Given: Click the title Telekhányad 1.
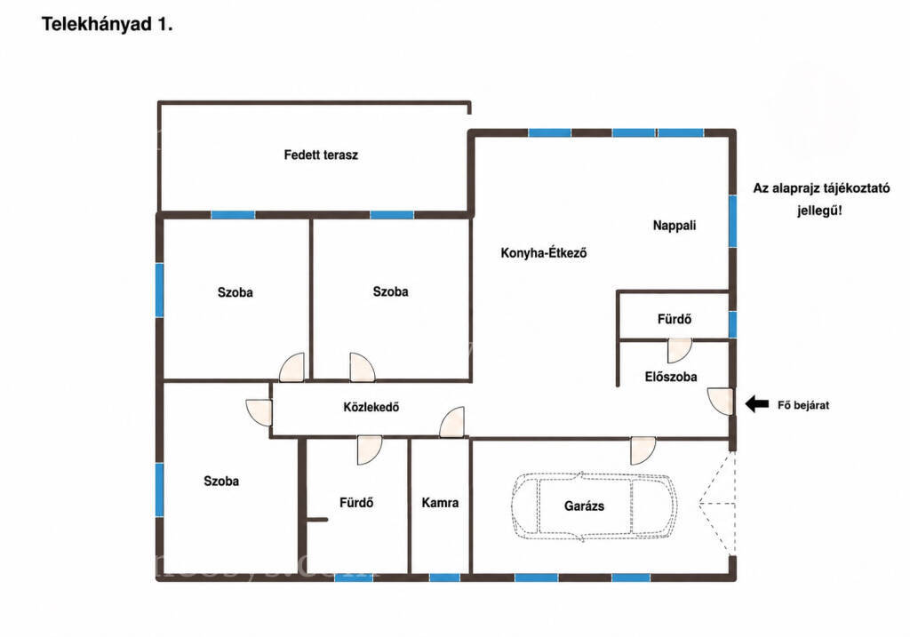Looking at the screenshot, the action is (107, 25).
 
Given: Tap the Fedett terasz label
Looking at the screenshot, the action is (321, 155).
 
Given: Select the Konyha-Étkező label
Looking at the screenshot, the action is (544, 253).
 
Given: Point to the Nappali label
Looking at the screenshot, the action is (675, 225).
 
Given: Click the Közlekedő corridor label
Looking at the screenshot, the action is (371, 407).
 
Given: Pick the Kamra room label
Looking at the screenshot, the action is (440, 503).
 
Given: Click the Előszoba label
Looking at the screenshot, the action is (671, 377).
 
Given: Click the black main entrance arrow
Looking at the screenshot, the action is (757, 403).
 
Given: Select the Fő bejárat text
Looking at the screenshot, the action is (803, 405).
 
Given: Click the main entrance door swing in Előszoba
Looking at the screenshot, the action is (720, 402).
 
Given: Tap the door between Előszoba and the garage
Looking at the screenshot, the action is (643, 450).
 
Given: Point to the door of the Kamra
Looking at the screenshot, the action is (451, 422).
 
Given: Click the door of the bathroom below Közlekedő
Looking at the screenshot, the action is (369, 450).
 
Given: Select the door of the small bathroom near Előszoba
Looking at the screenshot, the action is (679, 351).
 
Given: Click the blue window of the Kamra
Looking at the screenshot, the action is (444, 577).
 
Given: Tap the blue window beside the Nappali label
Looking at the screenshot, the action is (732, 221).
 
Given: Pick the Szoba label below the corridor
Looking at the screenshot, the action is (221, 481).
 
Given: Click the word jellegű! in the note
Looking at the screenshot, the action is (819, 210).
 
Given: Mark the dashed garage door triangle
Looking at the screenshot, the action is (717, 503).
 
